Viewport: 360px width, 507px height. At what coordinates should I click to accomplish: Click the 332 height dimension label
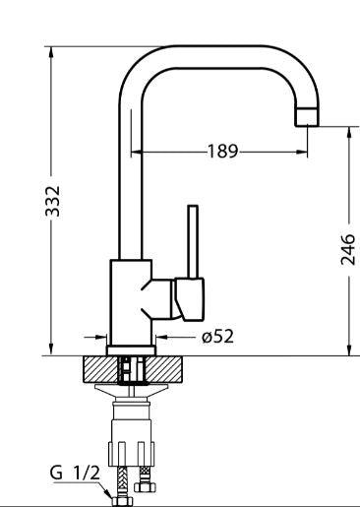click(53, 202)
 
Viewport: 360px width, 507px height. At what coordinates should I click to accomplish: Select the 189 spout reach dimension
click(222, 152)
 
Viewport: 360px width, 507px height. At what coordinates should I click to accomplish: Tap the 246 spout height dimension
click(348, 249)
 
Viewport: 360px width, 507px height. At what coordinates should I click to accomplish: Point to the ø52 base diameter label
click(218, 337)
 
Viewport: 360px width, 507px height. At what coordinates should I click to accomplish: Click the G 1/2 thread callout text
click(75, 474)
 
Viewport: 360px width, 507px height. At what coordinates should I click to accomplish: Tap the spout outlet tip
click(307, 117)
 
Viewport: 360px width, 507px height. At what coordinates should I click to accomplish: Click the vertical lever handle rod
click(193, 241)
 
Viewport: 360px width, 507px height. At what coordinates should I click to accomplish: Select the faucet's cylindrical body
click(131, 302)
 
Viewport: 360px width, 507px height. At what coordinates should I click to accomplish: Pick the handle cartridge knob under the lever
click(189, 299)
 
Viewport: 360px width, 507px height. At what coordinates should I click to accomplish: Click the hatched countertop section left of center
click(100, 369)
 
